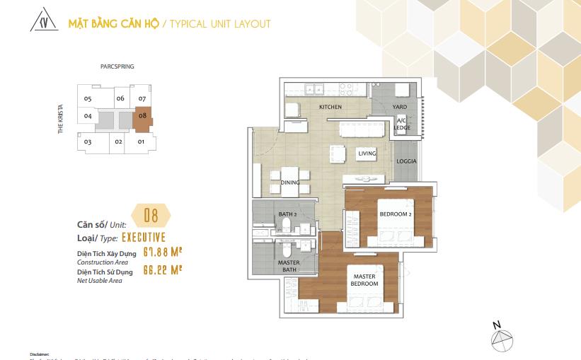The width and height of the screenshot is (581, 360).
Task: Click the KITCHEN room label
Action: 330,107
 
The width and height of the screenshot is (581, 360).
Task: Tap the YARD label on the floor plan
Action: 401,107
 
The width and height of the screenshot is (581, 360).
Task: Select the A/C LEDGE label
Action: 401,124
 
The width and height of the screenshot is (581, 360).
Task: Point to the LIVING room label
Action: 367,153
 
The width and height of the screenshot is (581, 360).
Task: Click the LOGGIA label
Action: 406,161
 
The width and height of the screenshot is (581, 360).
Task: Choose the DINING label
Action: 289,182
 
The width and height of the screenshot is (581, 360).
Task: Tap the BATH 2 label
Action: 288,214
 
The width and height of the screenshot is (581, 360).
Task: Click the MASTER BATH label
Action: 289,266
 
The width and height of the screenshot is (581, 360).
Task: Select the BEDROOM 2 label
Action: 396,214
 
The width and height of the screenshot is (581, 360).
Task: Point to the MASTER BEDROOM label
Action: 364,280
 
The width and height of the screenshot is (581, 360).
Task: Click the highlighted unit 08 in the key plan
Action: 142,117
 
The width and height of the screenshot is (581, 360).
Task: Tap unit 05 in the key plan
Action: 87,98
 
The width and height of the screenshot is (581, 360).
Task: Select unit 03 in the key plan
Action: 88,142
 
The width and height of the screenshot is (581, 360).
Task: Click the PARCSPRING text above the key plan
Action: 117,66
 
